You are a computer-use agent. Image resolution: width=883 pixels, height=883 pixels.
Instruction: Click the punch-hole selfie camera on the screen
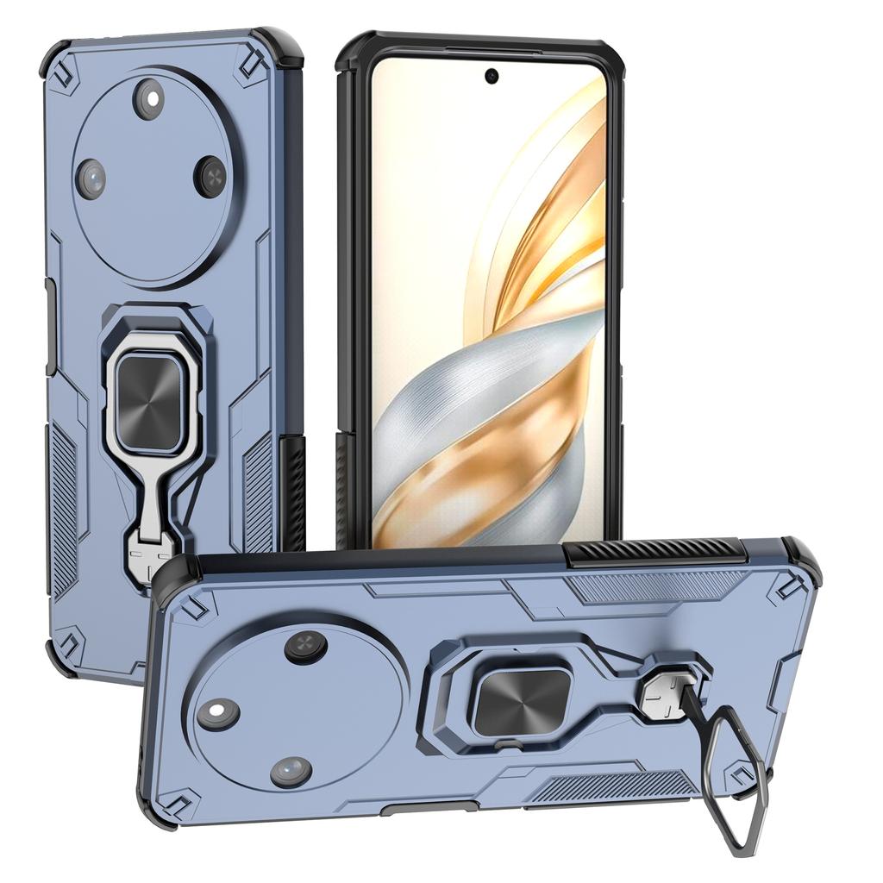pyautogui.click(x=492, y=76)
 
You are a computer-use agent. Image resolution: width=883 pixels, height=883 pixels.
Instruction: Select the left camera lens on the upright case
pyautogui.click(x=91, y=178)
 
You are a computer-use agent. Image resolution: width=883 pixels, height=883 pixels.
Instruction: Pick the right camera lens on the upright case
pyautogui.click(x=210, y=177)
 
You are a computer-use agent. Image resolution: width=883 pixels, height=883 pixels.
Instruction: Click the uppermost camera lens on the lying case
pyautogui.click(x=306, y=647)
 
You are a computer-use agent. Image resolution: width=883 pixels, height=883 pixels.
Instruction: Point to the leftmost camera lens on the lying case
pyautogui.click(x=217, y=714)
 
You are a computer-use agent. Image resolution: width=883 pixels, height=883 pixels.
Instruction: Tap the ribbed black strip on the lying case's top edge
pyautogui.click(x=654, y=551)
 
